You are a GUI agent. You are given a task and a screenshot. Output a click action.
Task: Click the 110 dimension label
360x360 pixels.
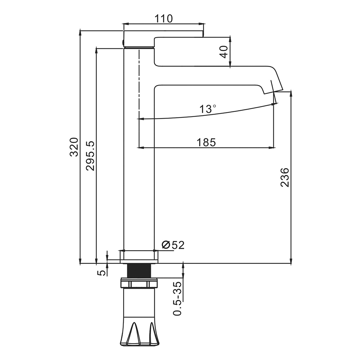163,19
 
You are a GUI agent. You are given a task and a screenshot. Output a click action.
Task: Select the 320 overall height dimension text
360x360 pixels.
74,147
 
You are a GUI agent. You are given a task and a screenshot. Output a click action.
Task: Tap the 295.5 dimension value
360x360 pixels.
90,156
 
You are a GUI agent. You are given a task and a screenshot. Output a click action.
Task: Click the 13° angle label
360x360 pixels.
208,109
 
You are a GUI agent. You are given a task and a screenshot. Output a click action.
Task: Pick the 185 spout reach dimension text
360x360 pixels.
206,142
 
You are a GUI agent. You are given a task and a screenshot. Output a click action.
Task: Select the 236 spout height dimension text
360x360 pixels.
285,177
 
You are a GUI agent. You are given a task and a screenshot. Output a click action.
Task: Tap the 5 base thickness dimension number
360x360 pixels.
102,273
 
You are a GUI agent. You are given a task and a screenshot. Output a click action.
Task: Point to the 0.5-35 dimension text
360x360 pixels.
177,298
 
